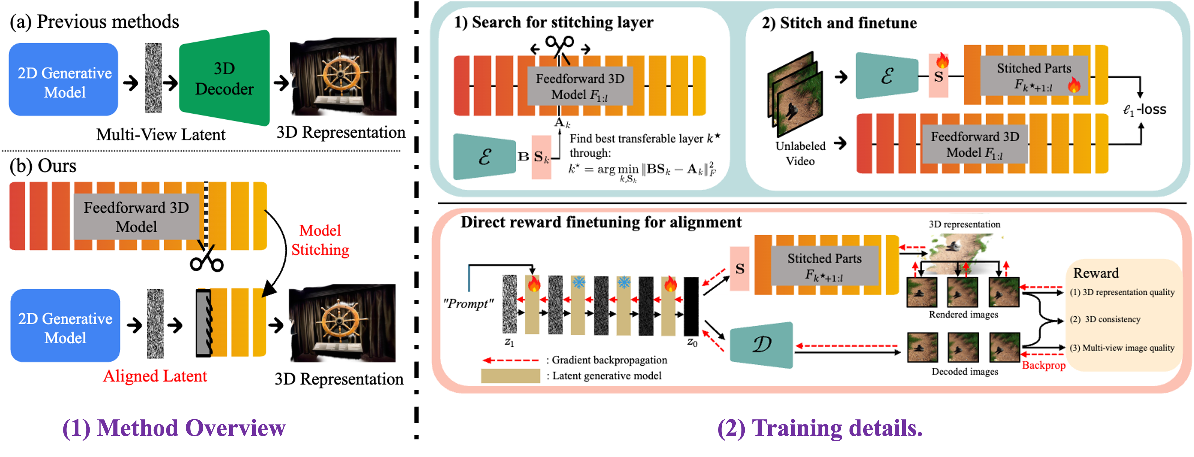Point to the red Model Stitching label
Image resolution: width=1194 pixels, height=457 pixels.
click(x=320, y=240)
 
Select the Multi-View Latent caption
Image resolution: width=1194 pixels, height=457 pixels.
click(x=160, y=134)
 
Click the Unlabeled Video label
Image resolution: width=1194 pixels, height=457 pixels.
click(x=800, y=153)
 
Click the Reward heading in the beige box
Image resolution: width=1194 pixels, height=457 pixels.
click(x=1096, y=273)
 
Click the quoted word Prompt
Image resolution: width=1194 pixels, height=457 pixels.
click(x=468, y=304)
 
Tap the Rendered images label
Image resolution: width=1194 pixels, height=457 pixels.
click(x=964, y=315)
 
